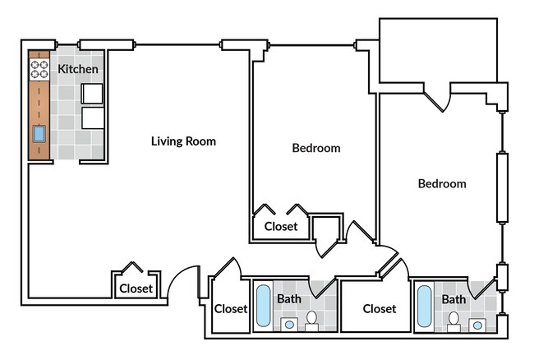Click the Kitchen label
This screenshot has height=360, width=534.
[x=78, y=69]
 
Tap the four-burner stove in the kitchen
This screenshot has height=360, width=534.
[x=39, y=69]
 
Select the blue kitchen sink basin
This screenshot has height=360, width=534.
[x=39, y=134]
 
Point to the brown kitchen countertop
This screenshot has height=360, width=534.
[x=39, y=105]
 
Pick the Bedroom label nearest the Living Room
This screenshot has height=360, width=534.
[x=316, y=148]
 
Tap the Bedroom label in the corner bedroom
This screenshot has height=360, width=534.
[x=442, y=184]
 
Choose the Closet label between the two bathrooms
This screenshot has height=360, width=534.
[x=380, y=309]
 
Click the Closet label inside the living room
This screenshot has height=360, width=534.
[x=136, y=288]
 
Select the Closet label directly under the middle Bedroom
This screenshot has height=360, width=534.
[x=281, y=227]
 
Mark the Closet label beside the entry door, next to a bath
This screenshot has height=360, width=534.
[x=231, y=309]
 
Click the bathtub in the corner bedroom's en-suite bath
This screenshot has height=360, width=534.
[x=425, y=307]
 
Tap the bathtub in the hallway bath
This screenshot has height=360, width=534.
[x=263, y=306]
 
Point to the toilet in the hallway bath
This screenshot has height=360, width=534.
[x=311, y=321]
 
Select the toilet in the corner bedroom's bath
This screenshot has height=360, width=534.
[x=453, y=322]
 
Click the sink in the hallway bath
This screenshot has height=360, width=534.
[x=289, y=325]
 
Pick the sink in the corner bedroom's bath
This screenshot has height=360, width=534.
[x=477, y=325]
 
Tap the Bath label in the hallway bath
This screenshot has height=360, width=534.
[x=289, y=299]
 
